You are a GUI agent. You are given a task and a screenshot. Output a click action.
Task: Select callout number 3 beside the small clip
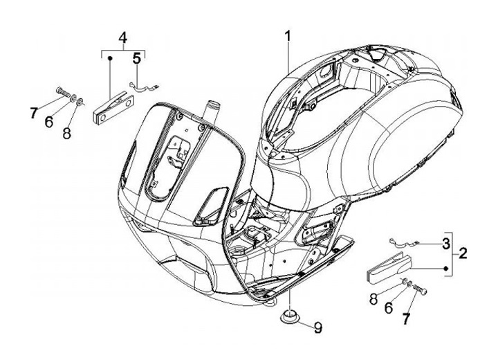[446, 243]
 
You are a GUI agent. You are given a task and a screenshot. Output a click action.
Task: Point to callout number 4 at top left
[122, 37]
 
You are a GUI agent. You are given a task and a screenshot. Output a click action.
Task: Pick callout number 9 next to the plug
[317, 326]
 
